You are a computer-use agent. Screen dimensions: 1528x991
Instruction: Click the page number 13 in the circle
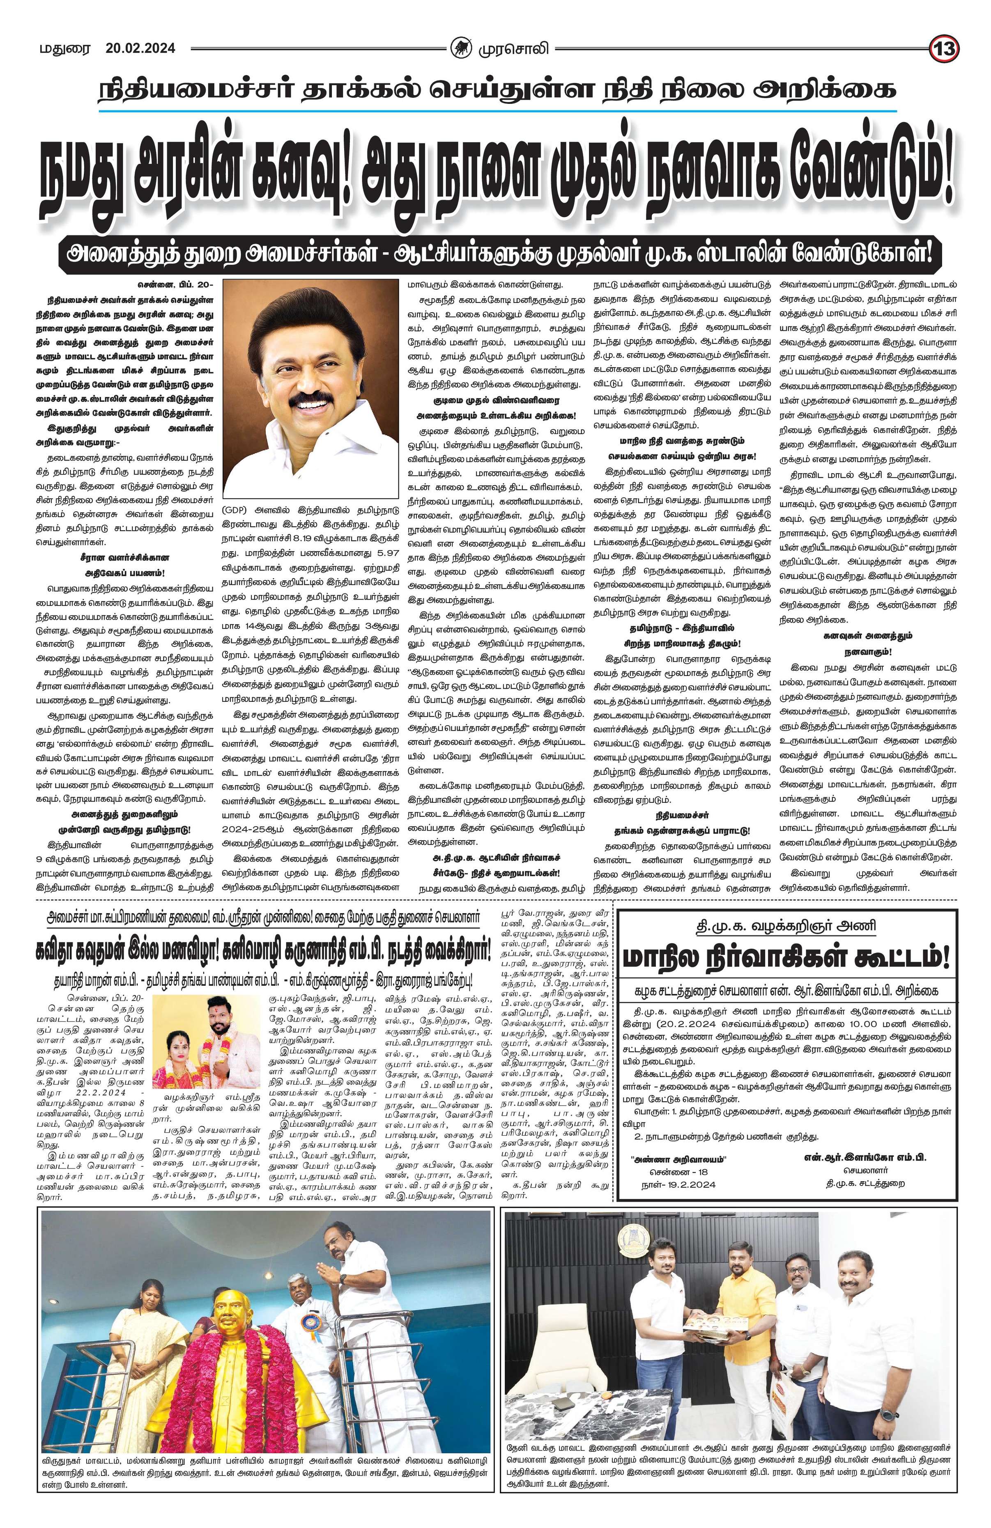(x=944, y=49)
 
